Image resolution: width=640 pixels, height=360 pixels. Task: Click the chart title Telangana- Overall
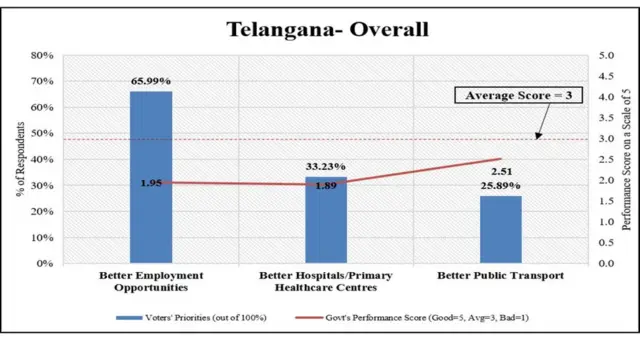327,28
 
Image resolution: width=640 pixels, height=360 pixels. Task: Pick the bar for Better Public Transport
500,229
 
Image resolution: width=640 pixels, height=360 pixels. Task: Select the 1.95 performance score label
151,183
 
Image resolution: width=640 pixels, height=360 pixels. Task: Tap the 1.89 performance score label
326,186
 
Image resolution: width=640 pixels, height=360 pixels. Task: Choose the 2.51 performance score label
500,171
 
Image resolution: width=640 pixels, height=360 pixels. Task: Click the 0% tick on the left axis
45,263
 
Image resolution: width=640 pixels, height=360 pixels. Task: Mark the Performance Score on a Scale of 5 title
626,159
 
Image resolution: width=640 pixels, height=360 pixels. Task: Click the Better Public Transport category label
500,275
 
